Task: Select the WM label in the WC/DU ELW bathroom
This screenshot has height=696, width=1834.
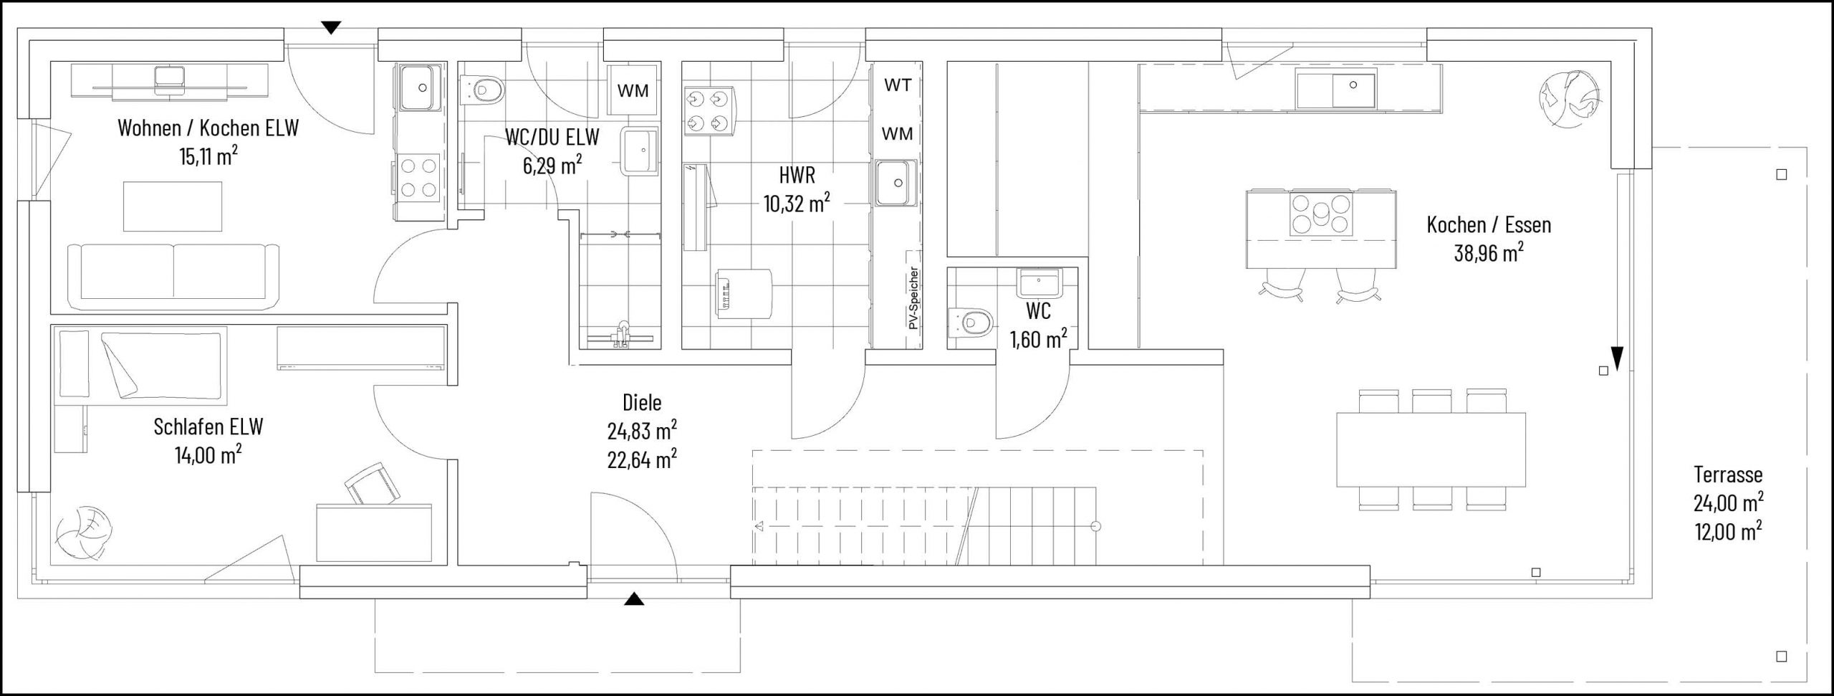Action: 633,90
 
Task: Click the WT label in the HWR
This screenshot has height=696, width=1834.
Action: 898,85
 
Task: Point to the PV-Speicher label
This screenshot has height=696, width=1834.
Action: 913,298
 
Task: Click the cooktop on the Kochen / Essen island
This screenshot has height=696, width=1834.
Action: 1321,214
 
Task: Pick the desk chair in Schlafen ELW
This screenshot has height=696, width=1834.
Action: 371,485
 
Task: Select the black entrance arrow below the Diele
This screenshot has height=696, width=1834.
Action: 633,600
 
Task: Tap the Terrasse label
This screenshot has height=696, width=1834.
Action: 1728,474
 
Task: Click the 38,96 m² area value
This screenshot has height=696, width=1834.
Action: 1488,252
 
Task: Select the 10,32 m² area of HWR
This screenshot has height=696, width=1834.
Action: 797,204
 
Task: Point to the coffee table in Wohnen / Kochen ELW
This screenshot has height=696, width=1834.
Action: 173,206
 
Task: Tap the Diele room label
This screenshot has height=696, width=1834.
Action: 642,402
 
